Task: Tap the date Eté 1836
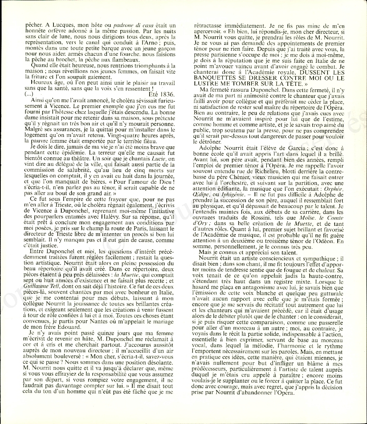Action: (163, 94)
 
